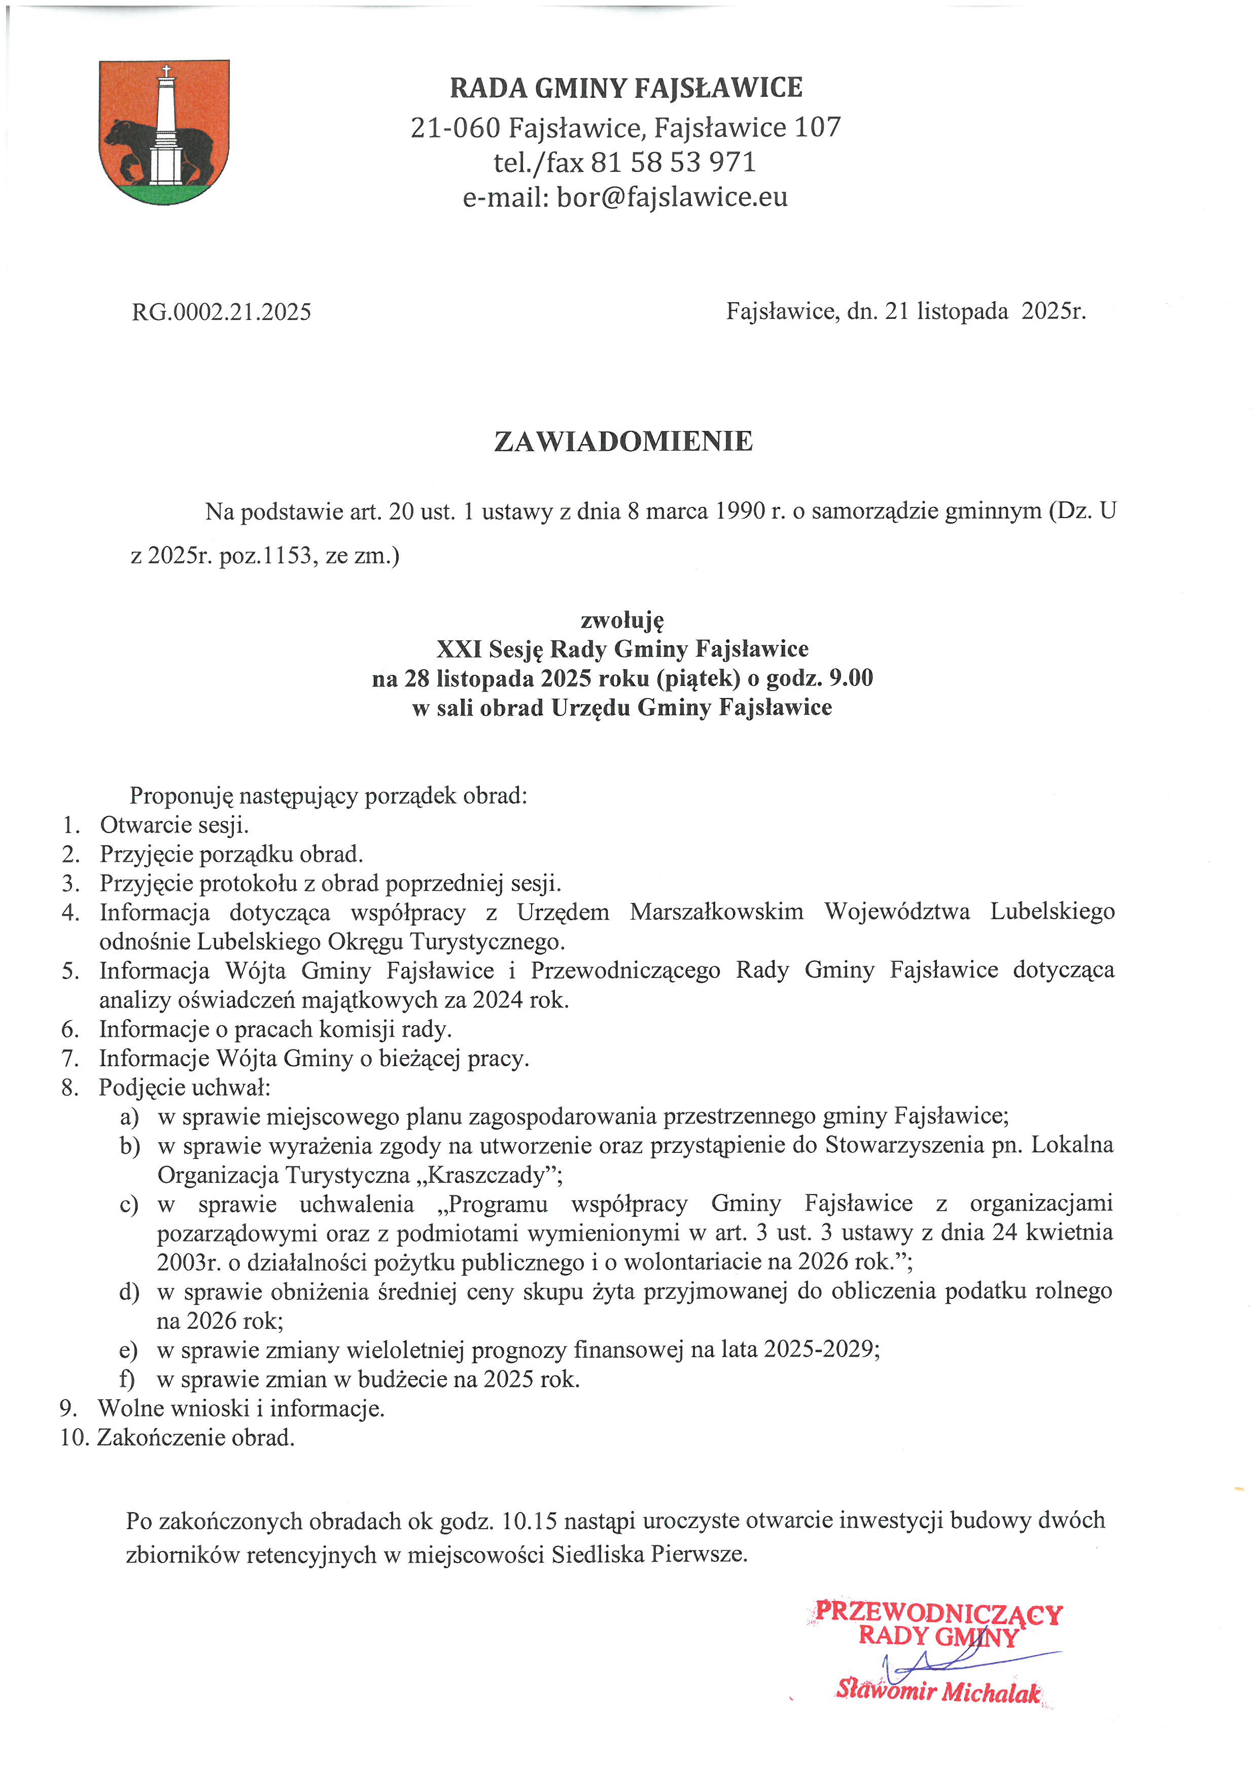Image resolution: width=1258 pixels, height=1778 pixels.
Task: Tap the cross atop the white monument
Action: pyautogui.click(x=165, y=72)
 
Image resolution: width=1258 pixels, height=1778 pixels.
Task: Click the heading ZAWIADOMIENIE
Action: pyautogui.click(x=623, y=442)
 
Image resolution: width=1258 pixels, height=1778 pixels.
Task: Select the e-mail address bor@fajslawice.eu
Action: pyautogui.click(x=672, y=197)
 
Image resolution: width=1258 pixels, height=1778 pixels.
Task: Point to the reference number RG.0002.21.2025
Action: pyautogui.click(x=222, y=312)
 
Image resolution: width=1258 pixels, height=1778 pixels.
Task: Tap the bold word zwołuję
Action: pyautogui.click(x=622, y=620)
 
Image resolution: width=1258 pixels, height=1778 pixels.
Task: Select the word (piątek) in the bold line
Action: pyautogui.click(x=698, y=678)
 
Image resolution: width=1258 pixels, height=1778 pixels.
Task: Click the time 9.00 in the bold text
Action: pyautogui.click(x=851, y=678)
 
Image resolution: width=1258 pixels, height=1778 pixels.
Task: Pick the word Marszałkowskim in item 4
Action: pyautogui.click(x=717, y=912)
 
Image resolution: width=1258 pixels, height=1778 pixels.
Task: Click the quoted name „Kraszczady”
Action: pyautogui.click(x=494, y=1175)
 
